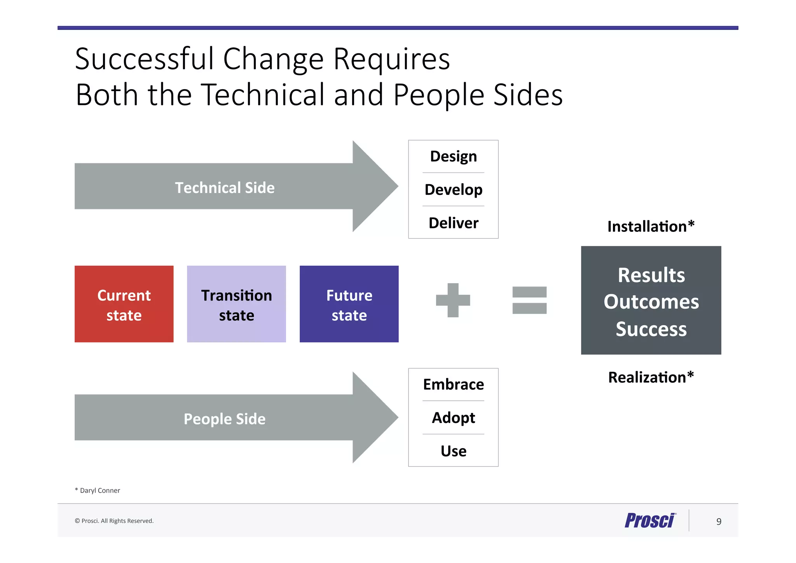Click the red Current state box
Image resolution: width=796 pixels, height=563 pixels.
coord(124,304)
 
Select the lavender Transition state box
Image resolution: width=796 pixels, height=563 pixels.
coord(236,304)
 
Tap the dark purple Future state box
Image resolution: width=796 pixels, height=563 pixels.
coord(349,304)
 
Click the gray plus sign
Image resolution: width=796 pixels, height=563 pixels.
coord(453,300)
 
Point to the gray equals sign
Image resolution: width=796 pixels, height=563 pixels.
coord(529,300)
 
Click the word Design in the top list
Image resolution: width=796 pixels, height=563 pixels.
coord(453,156)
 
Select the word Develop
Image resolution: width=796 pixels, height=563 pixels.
coord(453,189)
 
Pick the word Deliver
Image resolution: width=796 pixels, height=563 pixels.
coord(453,223)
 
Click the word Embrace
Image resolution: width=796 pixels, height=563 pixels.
coord(453,384)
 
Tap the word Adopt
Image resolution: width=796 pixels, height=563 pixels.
coord(453,418)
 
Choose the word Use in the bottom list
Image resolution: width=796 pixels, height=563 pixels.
coord(453,451)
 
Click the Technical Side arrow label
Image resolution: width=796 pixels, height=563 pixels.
coord(225,188)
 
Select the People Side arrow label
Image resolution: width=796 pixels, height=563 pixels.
coord(225,419)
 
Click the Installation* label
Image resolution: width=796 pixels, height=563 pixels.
coord(651,226)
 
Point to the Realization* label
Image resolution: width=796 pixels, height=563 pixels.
coord(651,377)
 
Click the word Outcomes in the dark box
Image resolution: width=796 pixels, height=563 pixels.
coord(651,302)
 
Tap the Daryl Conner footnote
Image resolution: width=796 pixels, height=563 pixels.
coord(98,490)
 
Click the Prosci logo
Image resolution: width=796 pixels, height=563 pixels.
coord(650,521)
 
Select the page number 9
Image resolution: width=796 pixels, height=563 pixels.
coord(719,521)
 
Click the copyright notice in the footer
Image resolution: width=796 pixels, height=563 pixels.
coord(114,521)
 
